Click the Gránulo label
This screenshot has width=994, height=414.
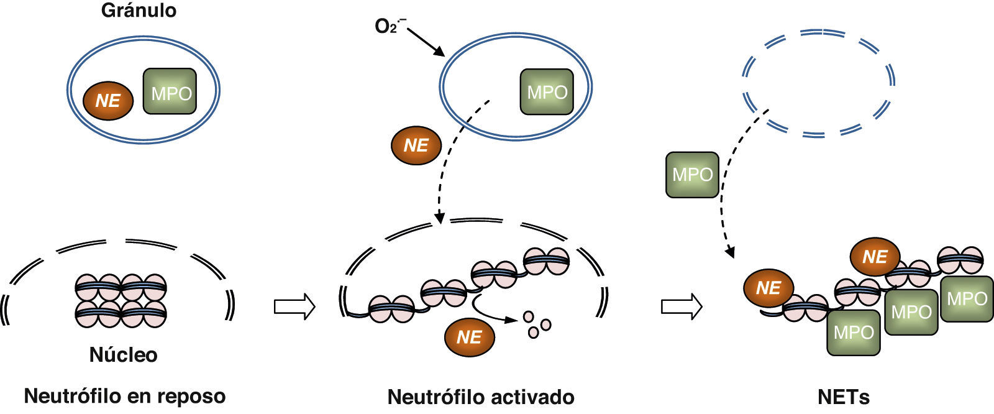(x=139, y=11)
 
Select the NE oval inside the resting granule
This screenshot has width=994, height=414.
(x=108, y=100)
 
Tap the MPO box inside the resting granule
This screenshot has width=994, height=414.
(x=170, y=92)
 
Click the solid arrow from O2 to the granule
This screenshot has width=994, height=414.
(x=427, y=42)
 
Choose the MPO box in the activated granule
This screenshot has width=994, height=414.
(x=547, y=92)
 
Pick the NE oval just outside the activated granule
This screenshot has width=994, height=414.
(x=416, y=145)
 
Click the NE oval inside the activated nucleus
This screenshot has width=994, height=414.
(x=469, y=337)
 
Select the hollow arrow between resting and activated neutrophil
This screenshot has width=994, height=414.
(x=294, y=306)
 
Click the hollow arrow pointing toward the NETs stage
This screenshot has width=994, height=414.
(x=682, y=306)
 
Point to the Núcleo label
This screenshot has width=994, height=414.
(x=123, y=355)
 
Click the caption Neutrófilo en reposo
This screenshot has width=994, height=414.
(x=124, y=396)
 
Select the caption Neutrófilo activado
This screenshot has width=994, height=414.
(x=480, y=397)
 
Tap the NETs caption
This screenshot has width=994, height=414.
(x=843, y=397)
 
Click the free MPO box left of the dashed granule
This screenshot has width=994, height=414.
(x=692, y=175)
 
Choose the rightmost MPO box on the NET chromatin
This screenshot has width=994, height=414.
(x=966, y=299)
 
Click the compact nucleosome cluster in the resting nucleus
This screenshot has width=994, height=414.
(x=121, y=301)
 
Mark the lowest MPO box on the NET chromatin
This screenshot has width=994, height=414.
(x=853, y=333)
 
